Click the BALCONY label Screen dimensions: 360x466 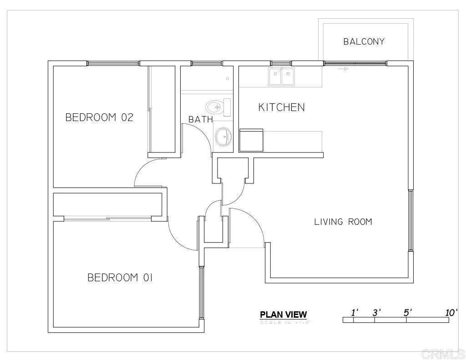click(x=364, y=41)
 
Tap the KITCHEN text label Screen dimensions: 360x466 click(x=281, y=107)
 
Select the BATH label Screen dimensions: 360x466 click(x=201, y=120)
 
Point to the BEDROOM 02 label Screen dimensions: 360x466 click(x=99, y=117)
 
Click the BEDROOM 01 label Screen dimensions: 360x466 click(x=120, y=278)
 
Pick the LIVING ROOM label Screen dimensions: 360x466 click(x=343, y=222)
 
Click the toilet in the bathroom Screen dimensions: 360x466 click(x=218, y=107)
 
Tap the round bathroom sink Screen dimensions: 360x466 click(x=223, y=136)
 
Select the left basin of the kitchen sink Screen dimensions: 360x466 click(x=275, y=76)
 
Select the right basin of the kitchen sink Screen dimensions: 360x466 click(x=288, y=76)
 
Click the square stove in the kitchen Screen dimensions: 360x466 click(x=251, y=140)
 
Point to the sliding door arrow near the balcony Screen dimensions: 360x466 click(x=343, y=69)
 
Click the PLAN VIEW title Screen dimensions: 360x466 click(x=283, y=314)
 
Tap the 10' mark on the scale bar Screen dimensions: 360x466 click(x=451, y=313)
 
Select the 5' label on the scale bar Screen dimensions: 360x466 click(x=408, y=313)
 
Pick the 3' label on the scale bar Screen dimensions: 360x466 click(x=376, y=313)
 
